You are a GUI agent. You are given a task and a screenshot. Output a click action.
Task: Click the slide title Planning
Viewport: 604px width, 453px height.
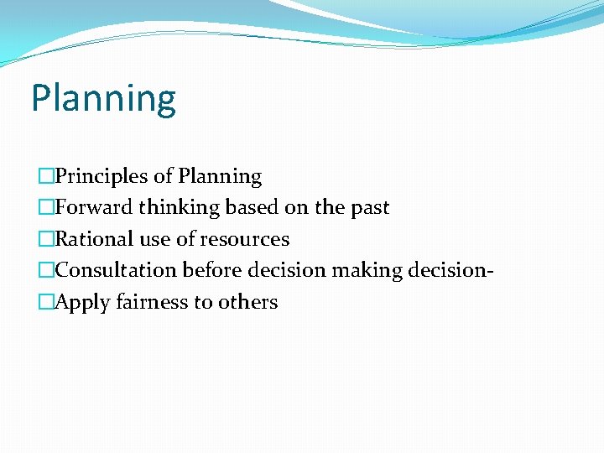103,99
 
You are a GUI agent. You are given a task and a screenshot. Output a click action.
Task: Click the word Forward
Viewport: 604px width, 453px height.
94,208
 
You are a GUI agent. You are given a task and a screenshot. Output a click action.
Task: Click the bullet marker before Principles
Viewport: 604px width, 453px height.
45,177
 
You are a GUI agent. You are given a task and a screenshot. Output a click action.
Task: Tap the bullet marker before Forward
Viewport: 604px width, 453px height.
45,208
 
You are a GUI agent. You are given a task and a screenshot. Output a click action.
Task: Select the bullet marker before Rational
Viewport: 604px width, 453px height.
45,239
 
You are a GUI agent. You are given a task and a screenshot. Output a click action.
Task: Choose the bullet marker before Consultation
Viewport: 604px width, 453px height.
45,271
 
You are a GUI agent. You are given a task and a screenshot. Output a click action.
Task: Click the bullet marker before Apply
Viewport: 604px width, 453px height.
45,302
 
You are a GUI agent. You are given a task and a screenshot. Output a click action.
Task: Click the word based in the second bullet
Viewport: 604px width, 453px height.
250,208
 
